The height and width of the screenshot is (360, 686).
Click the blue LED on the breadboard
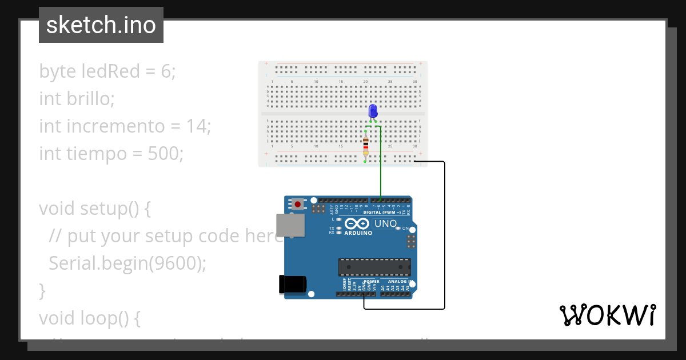click(373, 111)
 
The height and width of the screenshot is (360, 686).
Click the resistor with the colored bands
click(366, 146)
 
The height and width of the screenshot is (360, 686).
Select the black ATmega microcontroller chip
click(374, 267)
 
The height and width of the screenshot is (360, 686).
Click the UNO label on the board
click(385, 223)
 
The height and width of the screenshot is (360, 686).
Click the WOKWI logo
click(607, 315)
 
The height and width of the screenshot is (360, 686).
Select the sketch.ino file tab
click(101, 25)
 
